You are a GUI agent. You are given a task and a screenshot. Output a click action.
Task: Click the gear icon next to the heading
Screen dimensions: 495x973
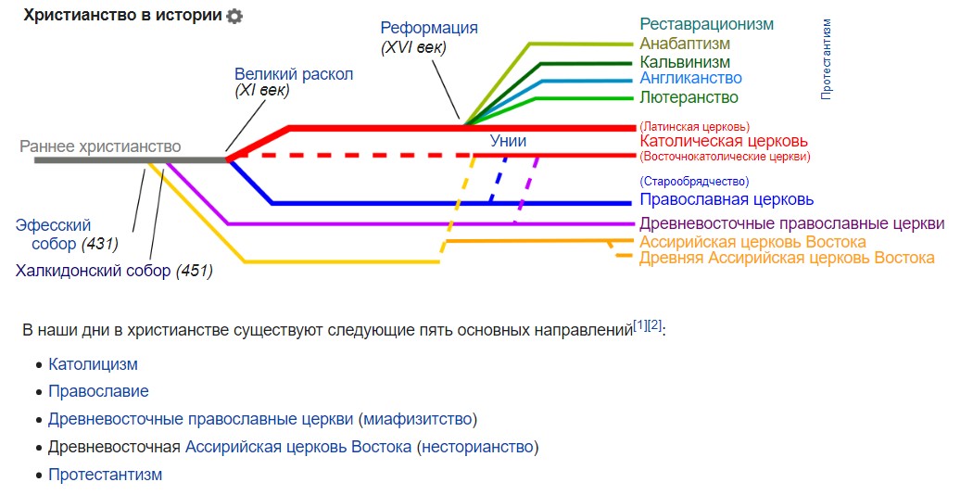(x=234, y=16)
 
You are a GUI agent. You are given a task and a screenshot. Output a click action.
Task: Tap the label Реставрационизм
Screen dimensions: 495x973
(x=706, y=24)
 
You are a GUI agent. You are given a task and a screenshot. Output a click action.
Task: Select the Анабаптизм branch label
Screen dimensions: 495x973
(x=685, y=44)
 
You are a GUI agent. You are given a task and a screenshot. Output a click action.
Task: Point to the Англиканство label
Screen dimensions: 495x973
(x=690, y=79)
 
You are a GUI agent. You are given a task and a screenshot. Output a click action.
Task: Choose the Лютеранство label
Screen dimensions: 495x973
(x=689, y=97)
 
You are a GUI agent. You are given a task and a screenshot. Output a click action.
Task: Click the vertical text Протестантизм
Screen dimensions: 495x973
(x=827, y=58)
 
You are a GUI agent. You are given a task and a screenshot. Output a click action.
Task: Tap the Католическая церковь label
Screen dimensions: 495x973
(x=723, y=141)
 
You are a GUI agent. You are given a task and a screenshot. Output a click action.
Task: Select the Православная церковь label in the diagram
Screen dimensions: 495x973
(x=727, y=199)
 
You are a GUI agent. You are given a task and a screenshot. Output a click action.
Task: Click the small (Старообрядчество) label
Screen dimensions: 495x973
(x=694, y=182)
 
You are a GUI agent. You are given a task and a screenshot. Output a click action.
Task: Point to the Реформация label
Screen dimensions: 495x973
(x=429, y=28)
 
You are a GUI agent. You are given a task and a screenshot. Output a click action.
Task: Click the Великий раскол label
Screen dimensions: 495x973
(x=294, y=74)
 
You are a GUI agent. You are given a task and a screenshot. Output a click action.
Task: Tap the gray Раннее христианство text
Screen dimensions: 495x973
(x=100, y=146)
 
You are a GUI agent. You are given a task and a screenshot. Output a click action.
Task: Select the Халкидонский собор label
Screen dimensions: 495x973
(x=93, y=271)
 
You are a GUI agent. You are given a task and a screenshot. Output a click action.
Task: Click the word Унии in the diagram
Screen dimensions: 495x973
(x=508, y=141)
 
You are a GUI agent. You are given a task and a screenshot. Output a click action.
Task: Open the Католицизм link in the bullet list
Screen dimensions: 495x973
(x=93, y=365)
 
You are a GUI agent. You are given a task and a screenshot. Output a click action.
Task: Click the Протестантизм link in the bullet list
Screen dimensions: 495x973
(x=105, y=475)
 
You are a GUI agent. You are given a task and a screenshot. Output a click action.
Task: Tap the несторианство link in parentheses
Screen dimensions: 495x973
(x=477, y=447)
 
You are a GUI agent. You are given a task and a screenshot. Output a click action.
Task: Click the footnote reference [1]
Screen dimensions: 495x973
(x=639, y=324)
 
